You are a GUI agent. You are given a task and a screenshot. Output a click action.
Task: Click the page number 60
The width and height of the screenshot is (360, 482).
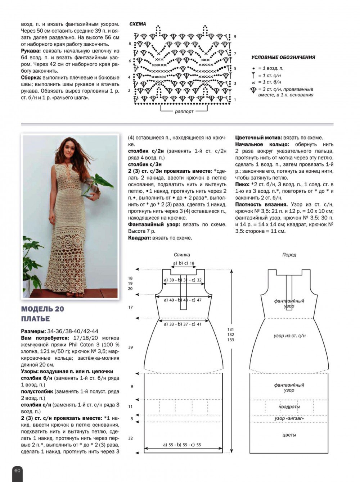(x=17, y=470)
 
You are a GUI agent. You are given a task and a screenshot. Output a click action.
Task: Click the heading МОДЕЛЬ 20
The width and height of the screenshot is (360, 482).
(x=42, y=309)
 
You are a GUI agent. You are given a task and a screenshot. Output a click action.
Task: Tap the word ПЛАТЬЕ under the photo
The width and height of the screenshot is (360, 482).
(x=36, y=319)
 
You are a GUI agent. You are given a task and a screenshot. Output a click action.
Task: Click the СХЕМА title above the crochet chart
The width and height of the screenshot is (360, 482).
(x=138, y=24)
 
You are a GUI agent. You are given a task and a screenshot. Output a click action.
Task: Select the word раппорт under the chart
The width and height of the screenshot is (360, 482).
(x=184, y=112)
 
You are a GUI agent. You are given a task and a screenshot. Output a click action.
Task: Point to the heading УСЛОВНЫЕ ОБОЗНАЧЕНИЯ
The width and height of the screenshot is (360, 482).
(x=283, y=57)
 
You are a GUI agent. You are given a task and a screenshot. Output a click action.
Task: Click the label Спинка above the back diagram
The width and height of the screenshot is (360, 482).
(x=182, y=255)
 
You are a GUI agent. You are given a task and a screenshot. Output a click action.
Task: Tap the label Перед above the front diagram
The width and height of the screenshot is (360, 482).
(x=289, y=255)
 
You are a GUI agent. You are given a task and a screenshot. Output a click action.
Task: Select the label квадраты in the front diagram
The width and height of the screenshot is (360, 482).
(x=289, y=407)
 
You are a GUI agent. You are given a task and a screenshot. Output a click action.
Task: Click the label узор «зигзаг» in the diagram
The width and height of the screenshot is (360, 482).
(x=289, y=419)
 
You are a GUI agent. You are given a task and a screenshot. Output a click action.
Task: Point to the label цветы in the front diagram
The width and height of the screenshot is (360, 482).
(x=289, y=435)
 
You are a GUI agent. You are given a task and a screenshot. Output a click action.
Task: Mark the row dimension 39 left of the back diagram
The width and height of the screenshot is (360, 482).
(x=130, y=347)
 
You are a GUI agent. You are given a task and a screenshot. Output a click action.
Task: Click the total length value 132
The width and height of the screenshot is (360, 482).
(x=230, y=335)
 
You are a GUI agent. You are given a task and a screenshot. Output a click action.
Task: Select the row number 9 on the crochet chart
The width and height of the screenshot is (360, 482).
(x=235, y=37)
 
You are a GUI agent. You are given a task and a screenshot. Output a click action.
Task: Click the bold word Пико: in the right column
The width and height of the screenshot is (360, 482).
(x=243, y=185)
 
